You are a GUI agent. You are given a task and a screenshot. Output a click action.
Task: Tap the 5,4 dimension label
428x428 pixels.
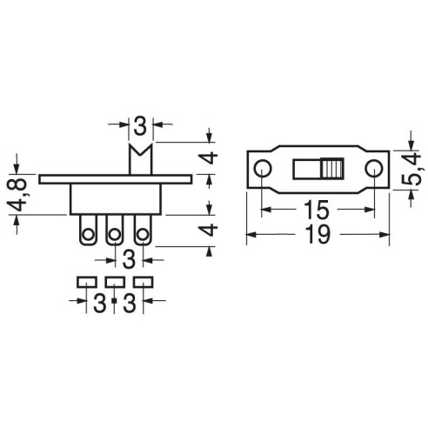coord(411,170)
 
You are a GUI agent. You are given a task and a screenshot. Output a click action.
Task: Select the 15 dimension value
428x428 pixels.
coord(317,210)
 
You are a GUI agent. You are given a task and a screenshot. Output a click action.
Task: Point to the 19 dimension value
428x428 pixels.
coord(318,235)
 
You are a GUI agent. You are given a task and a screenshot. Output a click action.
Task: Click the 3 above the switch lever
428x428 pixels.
coord(141,126)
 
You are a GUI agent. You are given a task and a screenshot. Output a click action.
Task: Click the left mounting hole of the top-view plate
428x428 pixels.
coord(263,169)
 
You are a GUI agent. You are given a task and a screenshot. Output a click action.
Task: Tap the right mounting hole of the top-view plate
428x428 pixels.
coord(374,169)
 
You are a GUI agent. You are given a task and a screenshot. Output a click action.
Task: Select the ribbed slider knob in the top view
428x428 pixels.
coord(332,169)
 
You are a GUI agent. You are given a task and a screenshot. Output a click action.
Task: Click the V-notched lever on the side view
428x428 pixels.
coord(141,159)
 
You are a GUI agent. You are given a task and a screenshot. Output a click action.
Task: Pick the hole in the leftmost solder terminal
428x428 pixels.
coord(88,234)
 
